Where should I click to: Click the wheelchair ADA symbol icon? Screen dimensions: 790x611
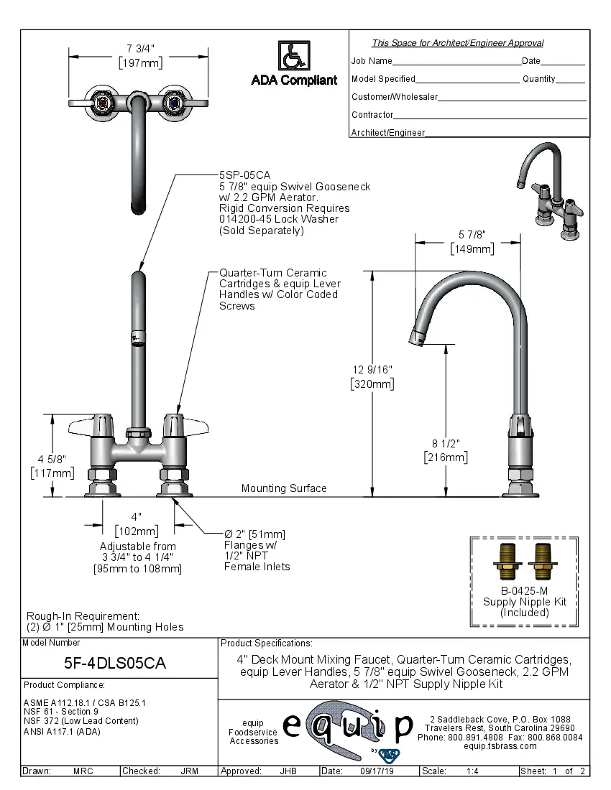click(x=294, y=55)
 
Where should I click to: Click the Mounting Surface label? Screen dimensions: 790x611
click(x=284, y=488)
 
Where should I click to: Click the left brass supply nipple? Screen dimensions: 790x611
click(x=508, y=561)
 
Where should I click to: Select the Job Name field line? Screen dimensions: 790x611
click(x=456, y=62)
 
